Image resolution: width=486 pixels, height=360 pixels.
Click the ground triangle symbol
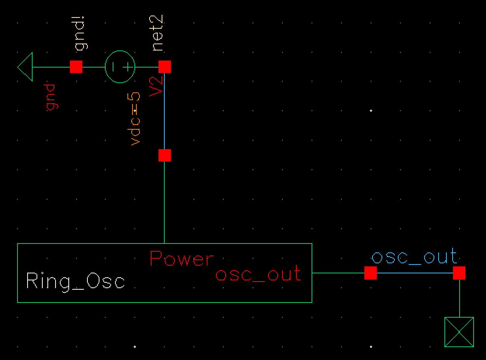pyautogui.click(x=25, y=67)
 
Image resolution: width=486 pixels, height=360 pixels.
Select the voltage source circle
pyautogui.click(x=120, y=67)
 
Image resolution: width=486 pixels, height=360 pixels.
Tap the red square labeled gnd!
pyautogui.click(x=76, y=67)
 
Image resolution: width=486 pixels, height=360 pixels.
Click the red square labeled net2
pyautogui.click(x=165, y=67)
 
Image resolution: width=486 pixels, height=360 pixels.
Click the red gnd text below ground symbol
pyautogui.click(x=51, y=97)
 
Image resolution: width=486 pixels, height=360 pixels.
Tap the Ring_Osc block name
pyautogui.click(x=76, y=281)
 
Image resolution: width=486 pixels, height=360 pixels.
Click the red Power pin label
pyautogui.click(x=182, y=259)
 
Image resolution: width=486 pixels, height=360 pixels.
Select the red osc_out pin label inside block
pyautogui.click(x=258, y=273)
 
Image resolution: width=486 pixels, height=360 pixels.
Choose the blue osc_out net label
pyautogui.click(x=414, y=257)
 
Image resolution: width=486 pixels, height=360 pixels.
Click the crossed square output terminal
pyautogui.click(x=459, y=332)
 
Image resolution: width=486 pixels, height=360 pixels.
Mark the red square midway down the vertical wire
pyautogui.click(x=165, y=155)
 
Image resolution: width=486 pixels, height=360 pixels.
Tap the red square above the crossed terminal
pyautogui.click(x=459, y=273)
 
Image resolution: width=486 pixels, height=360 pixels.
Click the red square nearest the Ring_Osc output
pyautogui.click(x=371, y=273)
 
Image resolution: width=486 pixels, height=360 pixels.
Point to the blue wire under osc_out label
pyautogui.click(x=415, y=273)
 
